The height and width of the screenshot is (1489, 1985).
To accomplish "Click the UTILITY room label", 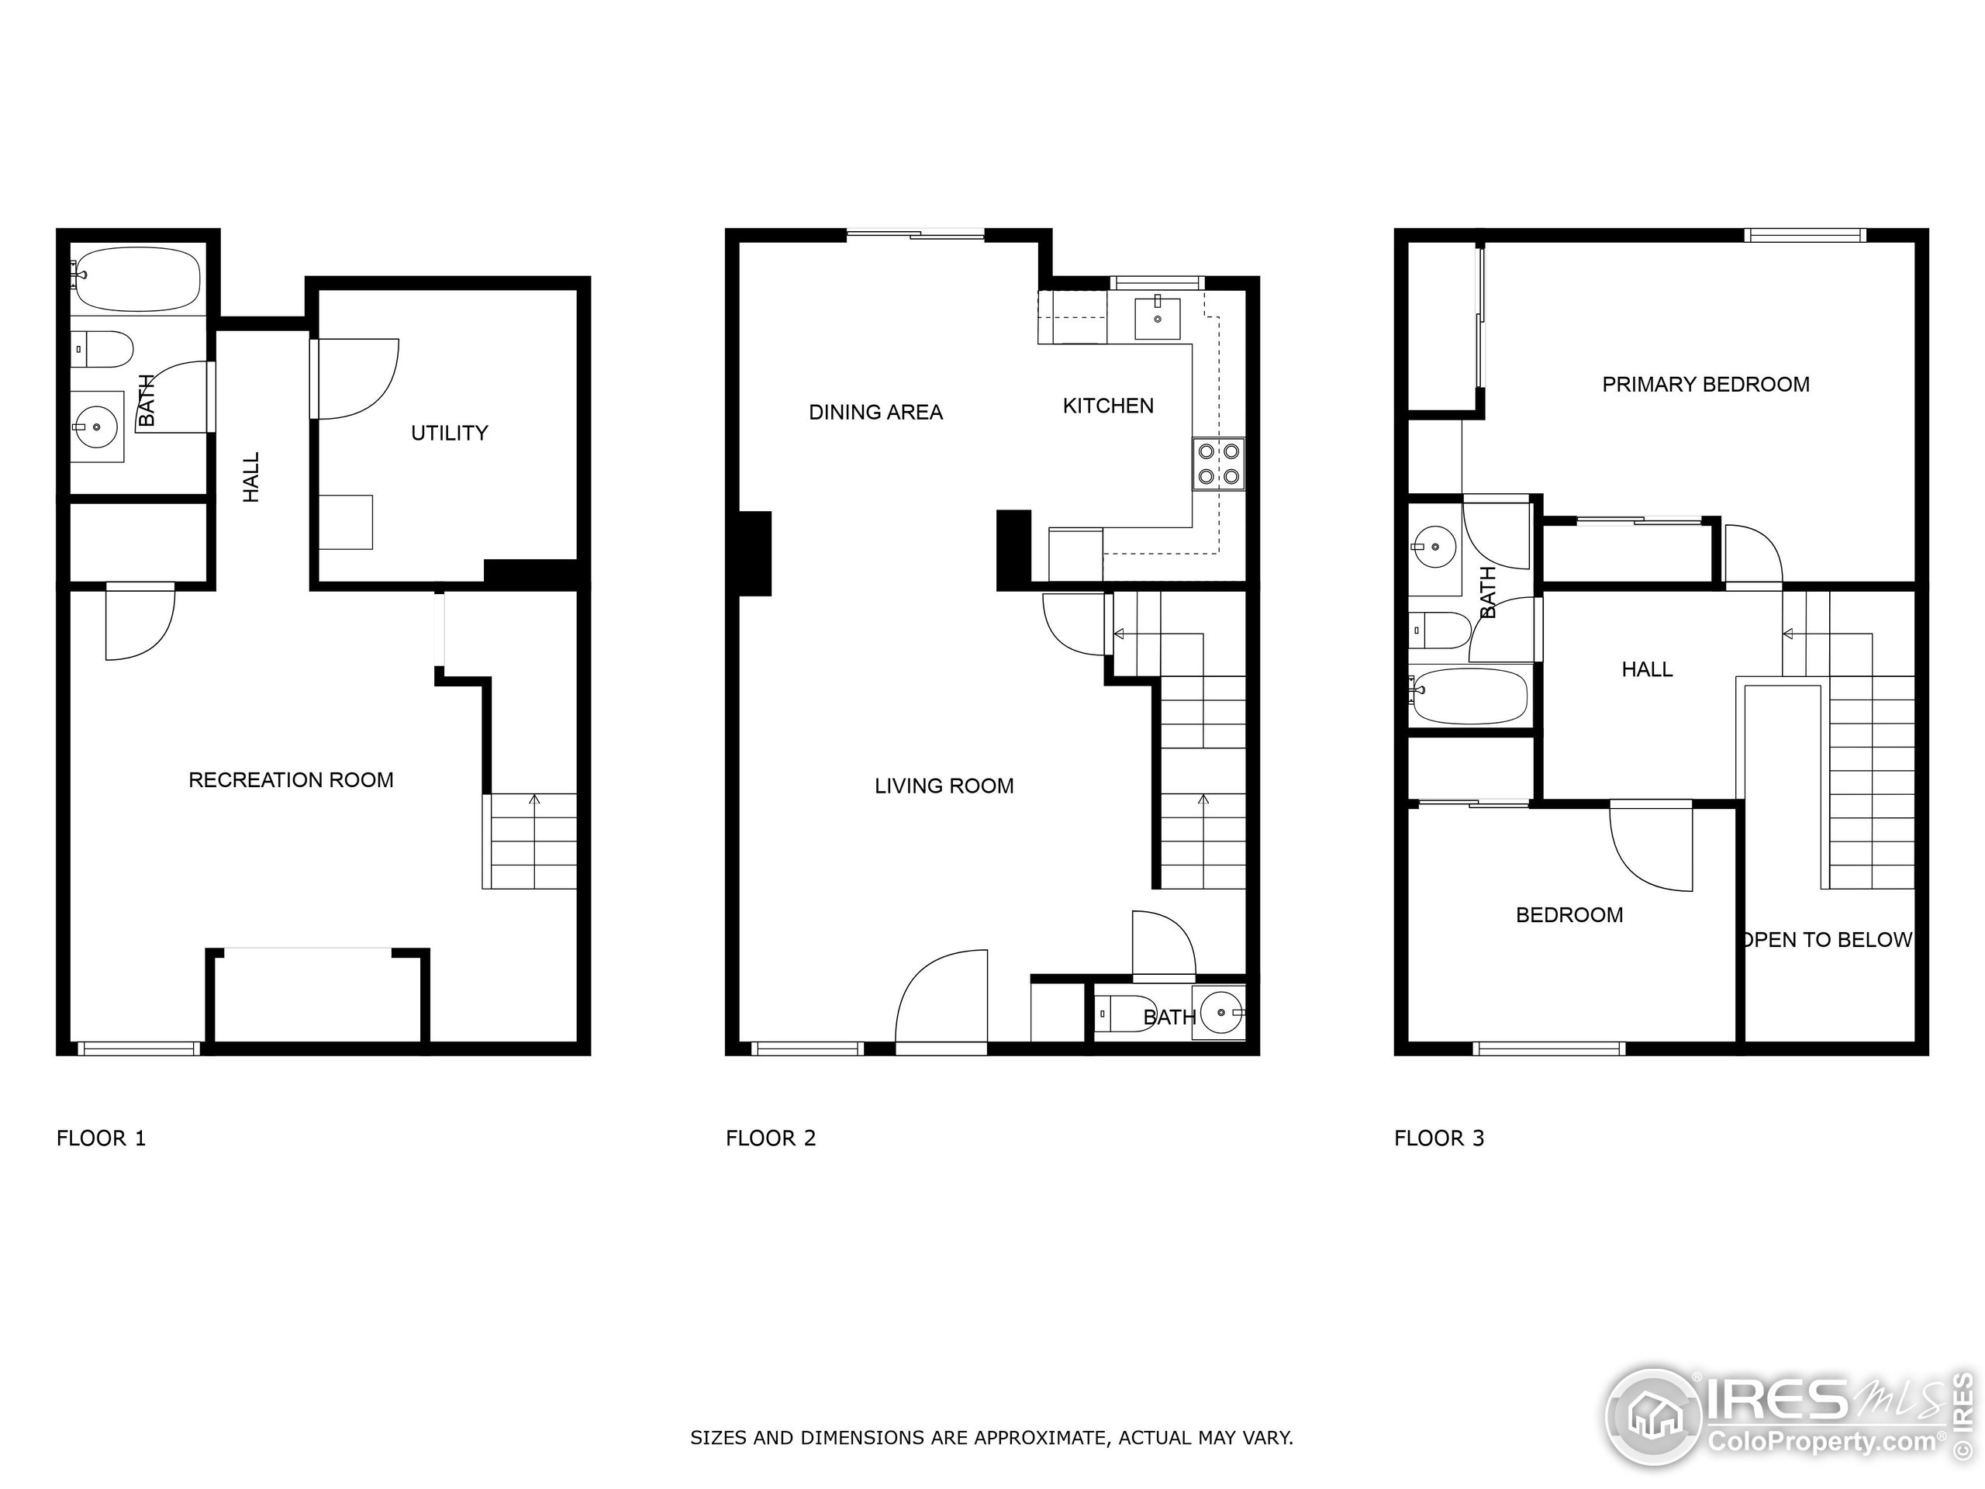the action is pos(450,434).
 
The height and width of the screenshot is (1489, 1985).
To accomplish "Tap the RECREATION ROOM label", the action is pos(291,780).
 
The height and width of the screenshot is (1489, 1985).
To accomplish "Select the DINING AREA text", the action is pos(876,413).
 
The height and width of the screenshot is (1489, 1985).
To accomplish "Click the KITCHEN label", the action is pos(1108,406).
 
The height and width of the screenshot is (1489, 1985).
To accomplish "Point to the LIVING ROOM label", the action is pos(944,786).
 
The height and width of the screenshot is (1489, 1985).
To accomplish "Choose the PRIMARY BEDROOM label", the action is pos(1706,385).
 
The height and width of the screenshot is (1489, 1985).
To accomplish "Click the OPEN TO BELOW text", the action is pos(1827,940).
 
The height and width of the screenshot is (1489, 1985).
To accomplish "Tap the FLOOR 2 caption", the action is pos(771,1138).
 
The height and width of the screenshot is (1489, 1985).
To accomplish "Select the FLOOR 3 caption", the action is pos(1439,1138).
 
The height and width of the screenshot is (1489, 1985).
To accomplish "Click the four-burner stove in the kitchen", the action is pos(1219,464).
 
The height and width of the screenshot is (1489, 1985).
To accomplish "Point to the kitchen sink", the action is pos(1158,317).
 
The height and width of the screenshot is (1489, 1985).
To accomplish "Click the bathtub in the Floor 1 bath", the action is pos(137,279).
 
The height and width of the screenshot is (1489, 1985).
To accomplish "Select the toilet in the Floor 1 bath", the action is pos(102,349).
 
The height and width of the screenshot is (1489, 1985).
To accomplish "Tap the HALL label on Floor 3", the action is pos(1647,669).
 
